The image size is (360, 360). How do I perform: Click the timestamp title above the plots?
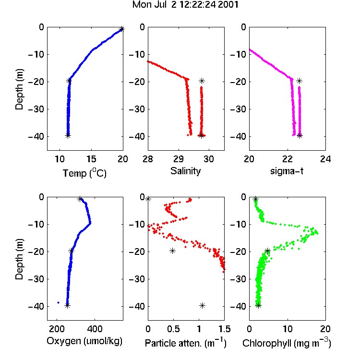click(185, 5)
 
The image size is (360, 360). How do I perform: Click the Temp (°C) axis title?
click(84, 173)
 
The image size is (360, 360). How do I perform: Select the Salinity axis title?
click(185, 171)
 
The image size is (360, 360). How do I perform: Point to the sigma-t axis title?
click(287, 171)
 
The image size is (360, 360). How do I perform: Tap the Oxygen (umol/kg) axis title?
click(84, 341)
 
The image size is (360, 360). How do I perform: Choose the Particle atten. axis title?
click(185, 343)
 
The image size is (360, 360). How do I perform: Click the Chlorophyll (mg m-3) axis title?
click(287, 343)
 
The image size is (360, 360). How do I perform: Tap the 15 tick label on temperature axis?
click(91, 159)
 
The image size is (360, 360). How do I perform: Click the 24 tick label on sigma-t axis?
click(325, 159)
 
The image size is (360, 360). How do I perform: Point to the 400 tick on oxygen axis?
click(95, 329)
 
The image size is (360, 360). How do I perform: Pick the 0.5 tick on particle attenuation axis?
click(173, 329)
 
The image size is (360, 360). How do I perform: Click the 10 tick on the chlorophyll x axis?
click(288, 329)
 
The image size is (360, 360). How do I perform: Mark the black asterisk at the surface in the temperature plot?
click(122, 29)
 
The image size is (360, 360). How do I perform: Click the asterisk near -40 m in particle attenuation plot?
click(202, 305)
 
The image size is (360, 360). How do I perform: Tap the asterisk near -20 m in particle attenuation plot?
click(172, 251)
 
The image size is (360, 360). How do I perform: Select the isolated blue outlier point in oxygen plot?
click(58, 302)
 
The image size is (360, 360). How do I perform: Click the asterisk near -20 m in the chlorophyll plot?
click(267, 251)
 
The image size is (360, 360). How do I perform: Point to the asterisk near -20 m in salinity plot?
click(202, 81)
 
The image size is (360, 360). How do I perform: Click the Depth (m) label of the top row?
click(19, 89)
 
